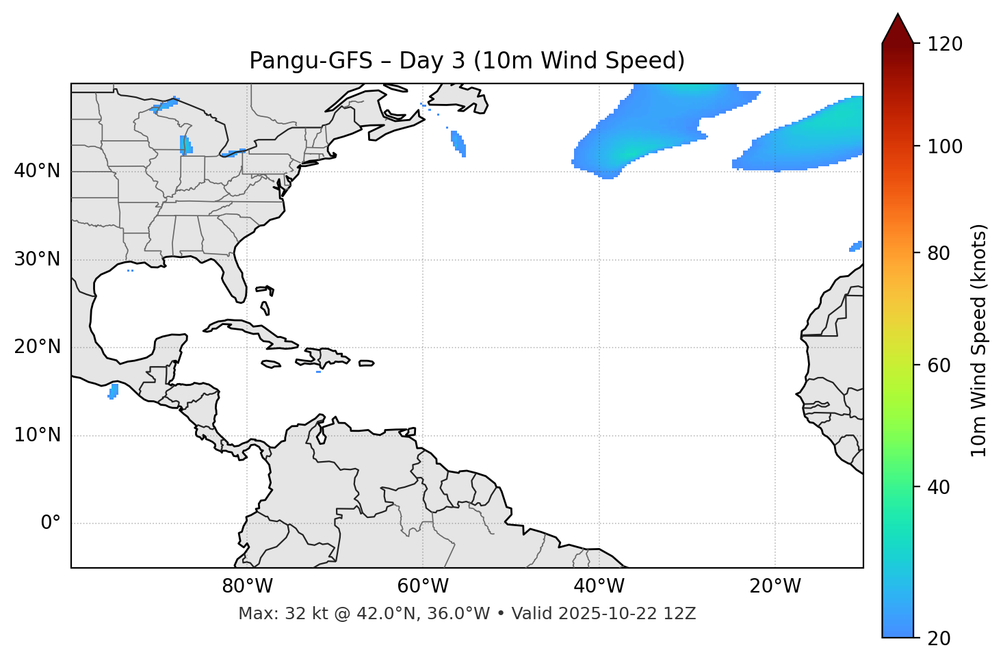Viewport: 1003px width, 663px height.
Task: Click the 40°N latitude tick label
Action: coord(37,171)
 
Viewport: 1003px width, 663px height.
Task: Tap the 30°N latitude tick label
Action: coord(37,259)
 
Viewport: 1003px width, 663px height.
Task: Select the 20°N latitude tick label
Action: coord(37,347)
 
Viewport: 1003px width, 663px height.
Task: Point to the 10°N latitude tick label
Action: coord(37,435)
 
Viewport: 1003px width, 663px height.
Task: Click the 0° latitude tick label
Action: coord(51,523)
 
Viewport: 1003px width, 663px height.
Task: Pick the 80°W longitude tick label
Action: coord(247,586)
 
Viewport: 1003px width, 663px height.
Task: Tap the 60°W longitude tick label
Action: coord(423,586)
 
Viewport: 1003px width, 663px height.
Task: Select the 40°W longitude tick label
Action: coord(599,586)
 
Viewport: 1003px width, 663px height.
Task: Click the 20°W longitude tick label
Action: coord(775,586)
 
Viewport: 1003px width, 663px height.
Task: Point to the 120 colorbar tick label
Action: coord(945,44)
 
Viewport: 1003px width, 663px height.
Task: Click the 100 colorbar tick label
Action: coord(945,146)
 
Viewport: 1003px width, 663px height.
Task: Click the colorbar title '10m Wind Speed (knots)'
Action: coord(979,341)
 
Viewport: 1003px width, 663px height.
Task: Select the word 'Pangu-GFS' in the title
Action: coord(311,61)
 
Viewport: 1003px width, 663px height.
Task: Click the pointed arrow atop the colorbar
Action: coord(898,29)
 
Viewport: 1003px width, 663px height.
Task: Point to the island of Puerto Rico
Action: coord(366,363)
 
